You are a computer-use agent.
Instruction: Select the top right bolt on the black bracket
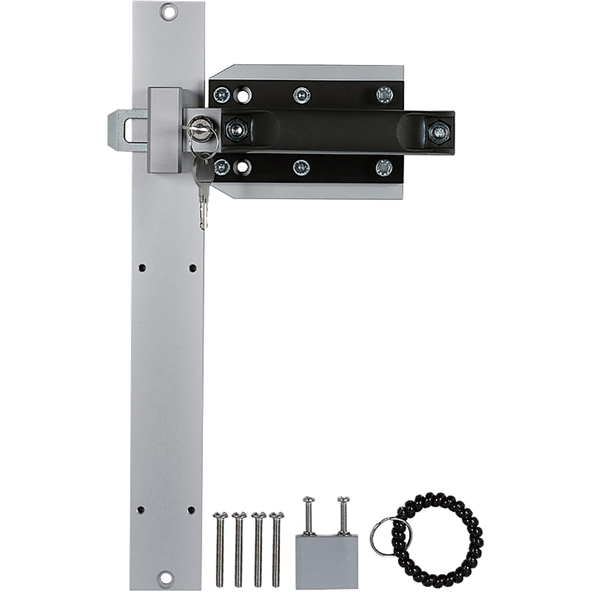384,94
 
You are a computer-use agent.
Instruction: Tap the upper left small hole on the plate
142,268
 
